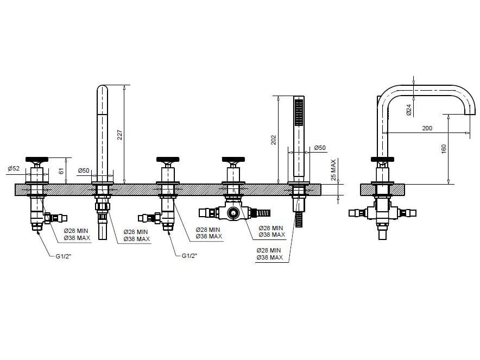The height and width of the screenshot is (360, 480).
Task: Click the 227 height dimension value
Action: [x=119, y=135]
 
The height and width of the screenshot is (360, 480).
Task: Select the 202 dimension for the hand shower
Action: [x=273, y=140]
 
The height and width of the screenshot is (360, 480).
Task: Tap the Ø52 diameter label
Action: [x=14, y=168]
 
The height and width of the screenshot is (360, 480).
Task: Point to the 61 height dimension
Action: [x=62, y=171]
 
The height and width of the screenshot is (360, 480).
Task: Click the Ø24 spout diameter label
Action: [x=409, y=110]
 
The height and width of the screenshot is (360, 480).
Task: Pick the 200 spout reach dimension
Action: [x=427, y=128]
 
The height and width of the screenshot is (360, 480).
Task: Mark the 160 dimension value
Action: [x=444, y=149]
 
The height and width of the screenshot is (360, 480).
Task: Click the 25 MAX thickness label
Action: [x=333, y=170]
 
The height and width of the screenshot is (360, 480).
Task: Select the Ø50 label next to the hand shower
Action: [x=320, y=148]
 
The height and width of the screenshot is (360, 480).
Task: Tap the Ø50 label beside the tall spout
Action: [x=84, y=171]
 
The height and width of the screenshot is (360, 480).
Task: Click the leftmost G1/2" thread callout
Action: [x=64, y=256]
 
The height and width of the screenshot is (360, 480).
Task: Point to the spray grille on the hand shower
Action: [x=299, y=112]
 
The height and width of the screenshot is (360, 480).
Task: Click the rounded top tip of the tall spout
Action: [x=102, y=86]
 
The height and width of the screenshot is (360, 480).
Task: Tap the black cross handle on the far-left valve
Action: [x=37, y=160]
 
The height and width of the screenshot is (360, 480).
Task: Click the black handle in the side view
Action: [x=382, y=160]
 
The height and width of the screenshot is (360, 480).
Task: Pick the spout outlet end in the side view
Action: [x=470, y=115]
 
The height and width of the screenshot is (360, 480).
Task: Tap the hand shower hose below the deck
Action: [x=299, y=219]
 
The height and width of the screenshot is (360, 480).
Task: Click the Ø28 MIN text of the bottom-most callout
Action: [x=268, y=250]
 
